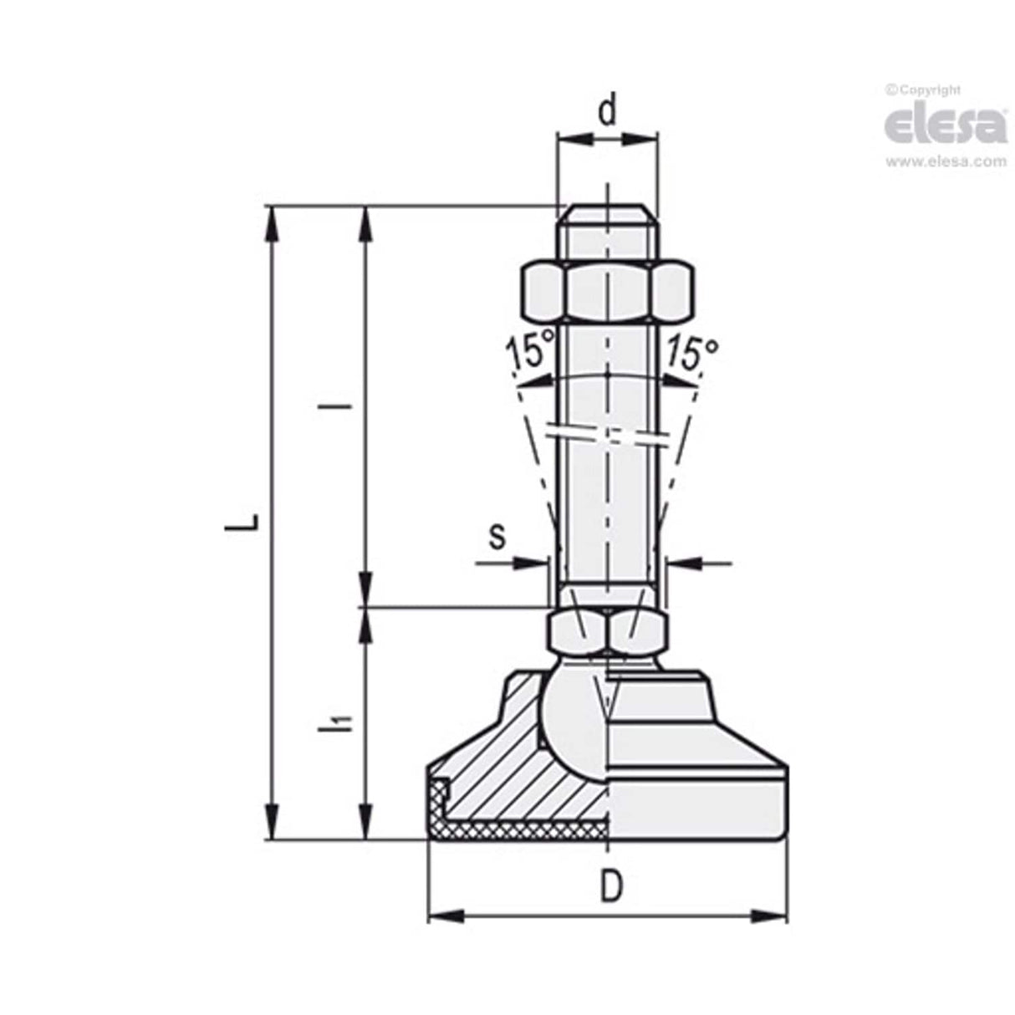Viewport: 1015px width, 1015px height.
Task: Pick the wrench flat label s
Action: point(497,536)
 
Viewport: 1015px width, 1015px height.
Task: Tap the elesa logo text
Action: point(945,125)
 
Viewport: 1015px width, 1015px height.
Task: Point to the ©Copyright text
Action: point(922,89)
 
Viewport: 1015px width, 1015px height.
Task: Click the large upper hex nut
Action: point(608,292)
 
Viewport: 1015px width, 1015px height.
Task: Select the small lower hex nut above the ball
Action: point(606,632)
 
